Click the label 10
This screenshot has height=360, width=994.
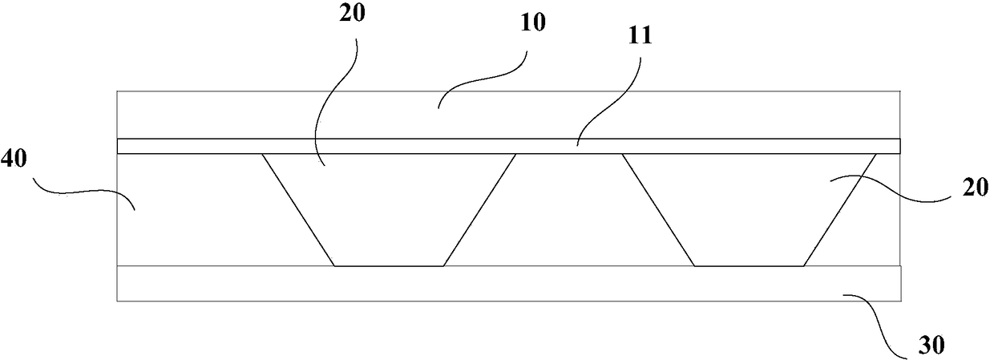point(532,22)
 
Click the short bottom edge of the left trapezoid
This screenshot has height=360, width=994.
point(389,265)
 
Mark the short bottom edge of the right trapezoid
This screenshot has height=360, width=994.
point(748,265)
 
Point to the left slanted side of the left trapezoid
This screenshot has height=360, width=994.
point(298,210)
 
